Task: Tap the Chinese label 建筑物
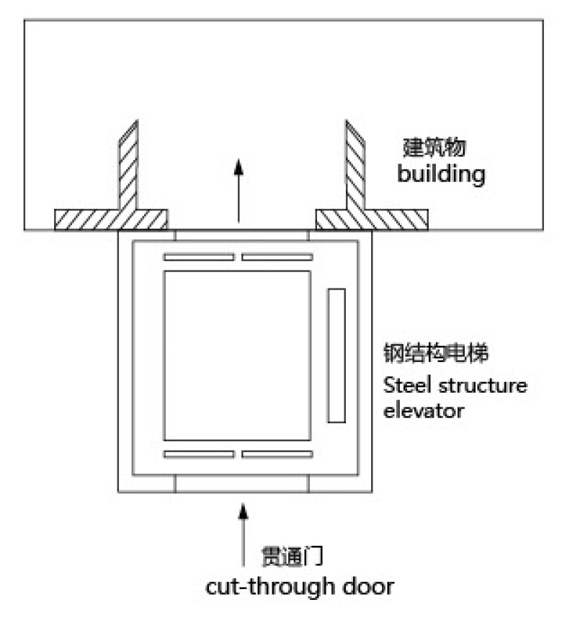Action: pyautogui.click(x=434, y=149)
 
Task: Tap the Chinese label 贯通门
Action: pyautogui.click(x=290, y=558)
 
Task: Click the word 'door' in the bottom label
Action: pyautogui.click(x=370, y=585)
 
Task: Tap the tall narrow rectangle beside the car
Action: pyautogui.click(x=336, y=355)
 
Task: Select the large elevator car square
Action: pyautogui.click(x=238, y=355)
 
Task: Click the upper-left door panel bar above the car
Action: pyautogui.click(x=199, y=257)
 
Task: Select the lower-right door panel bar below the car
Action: pyautogui.click(x=277, y=454)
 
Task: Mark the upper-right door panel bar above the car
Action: pyautogui.click(x=277, y=257)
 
